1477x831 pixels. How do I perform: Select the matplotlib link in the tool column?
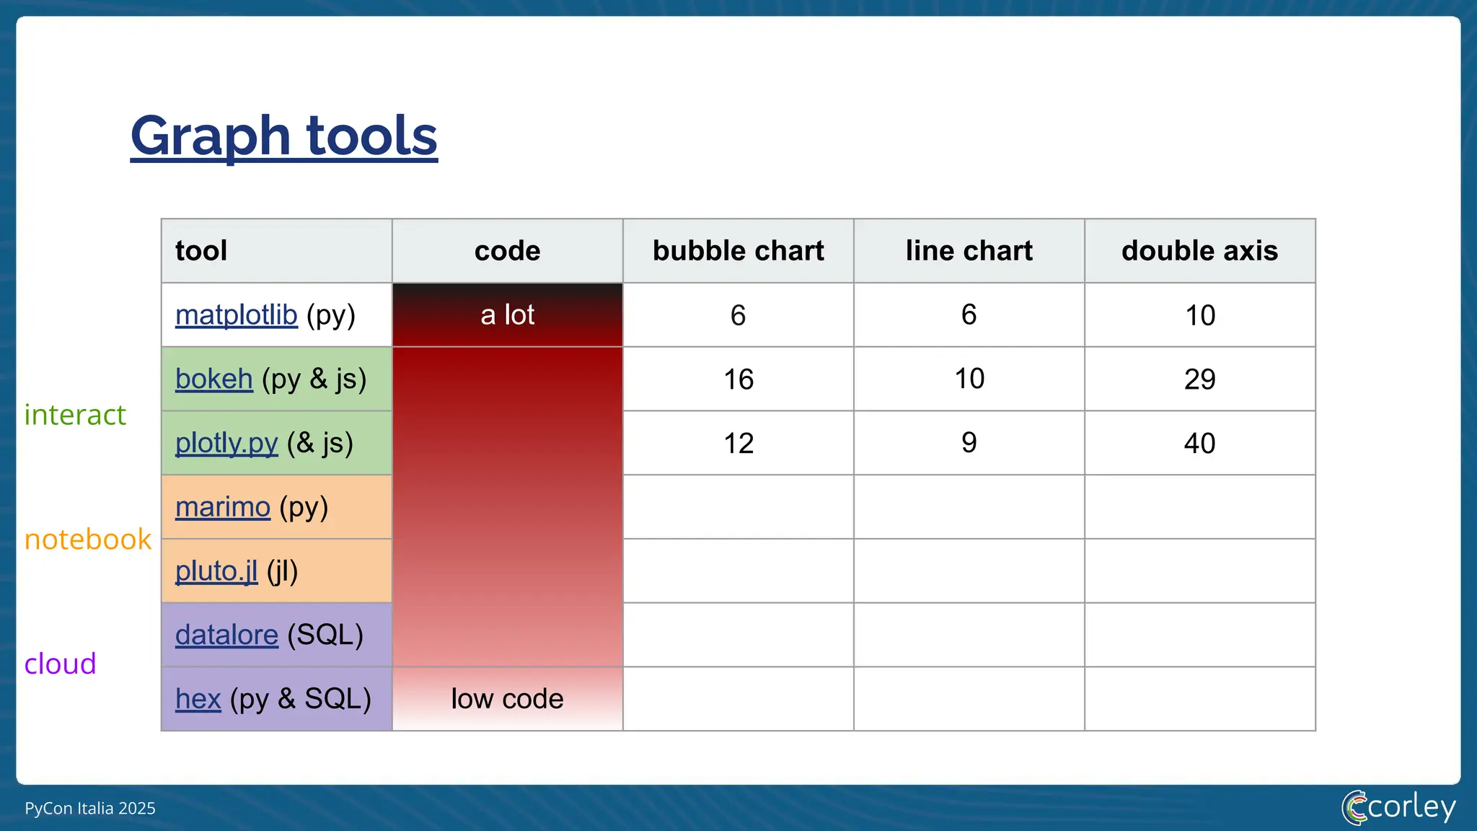click(236, 315)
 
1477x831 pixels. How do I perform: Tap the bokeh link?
click(213, 379)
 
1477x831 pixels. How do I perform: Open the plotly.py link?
click(226, 444)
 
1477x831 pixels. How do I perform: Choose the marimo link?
click(222, 507)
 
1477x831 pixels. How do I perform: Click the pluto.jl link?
click(216, 571)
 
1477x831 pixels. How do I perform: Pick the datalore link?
click(226, 636)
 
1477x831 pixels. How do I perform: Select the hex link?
click(198, 699)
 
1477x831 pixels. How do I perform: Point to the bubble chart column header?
click(738, 251)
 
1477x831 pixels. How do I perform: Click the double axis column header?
click(1199, 251)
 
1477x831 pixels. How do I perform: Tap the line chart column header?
click(969, 251)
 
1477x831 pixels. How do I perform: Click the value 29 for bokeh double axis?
click(1199, 379)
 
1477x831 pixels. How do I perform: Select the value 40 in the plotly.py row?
click(1199, 444)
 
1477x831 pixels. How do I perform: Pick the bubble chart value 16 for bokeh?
click(738, 379)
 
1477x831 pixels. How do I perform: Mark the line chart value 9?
click(969, 443)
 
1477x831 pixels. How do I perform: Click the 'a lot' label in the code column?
click(507, 315)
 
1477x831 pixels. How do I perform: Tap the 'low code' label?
click(507, 699)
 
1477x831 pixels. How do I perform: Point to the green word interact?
click(75, 415)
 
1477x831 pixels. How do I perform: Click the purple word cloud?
click(60, 664)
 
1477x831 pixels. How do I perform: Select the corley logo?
click(1398, 807)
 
